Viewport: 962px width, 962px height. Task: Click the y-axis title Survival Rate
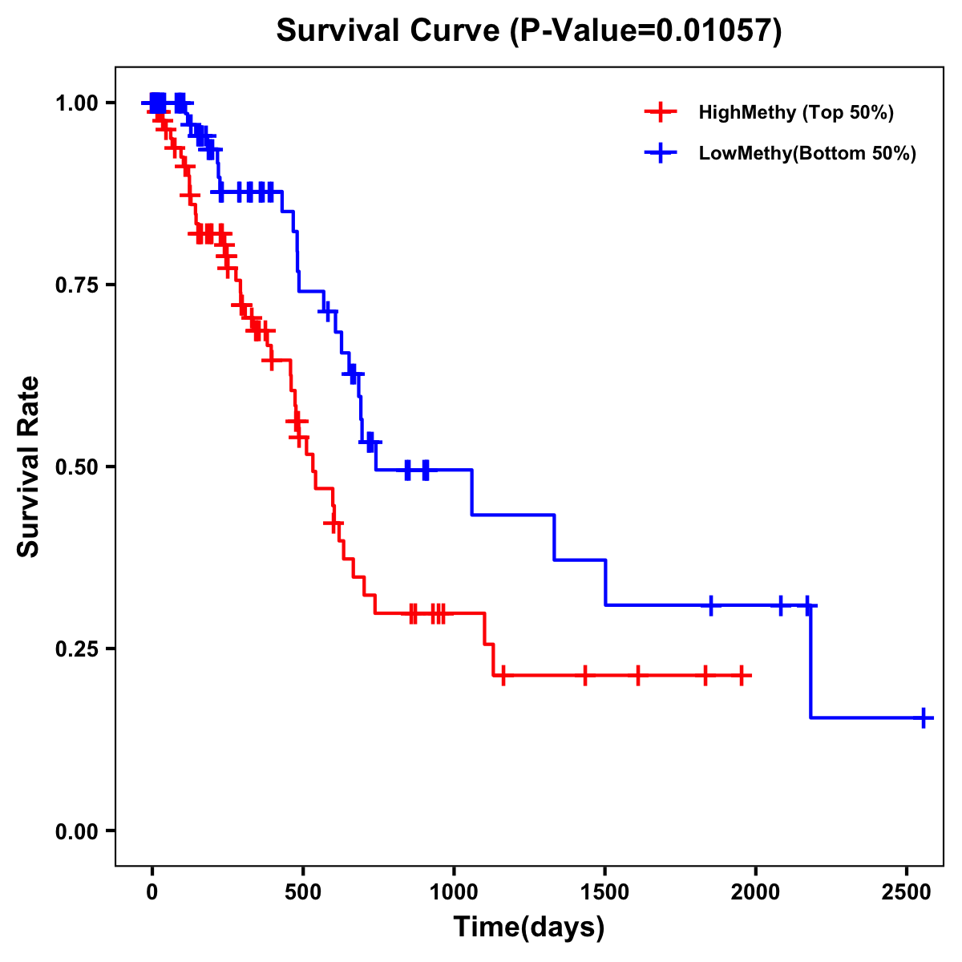[29, 466]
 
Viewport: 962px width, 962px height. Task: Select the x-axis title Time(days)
[529, 927]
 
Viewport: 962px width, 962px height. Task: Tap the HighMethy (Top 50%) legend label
[796, 112]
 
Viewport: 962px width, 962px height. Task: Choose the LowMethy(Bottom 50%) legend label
[807, 153]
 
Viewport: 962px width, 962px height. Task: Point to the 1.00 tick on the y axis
[76, 103]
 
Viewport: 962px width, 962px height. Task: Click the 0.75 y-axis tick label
[76, 285]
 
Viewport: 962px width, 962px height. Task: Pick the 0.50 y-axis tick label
[76, 467]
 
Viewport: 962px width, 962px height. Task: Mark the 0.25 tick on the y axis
[76, 649]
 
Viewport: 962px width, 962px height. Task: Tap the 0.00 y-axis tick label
[76, 831]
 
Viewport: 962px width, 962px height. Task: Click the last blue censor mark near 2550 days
[924, 717]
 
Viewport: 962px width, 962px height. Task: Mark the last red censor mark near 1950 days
[742, 676]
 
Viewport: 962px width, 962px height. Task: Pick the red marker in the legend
[660, 112]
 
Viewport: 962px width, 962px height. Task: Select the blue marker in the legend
[660, 153]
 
